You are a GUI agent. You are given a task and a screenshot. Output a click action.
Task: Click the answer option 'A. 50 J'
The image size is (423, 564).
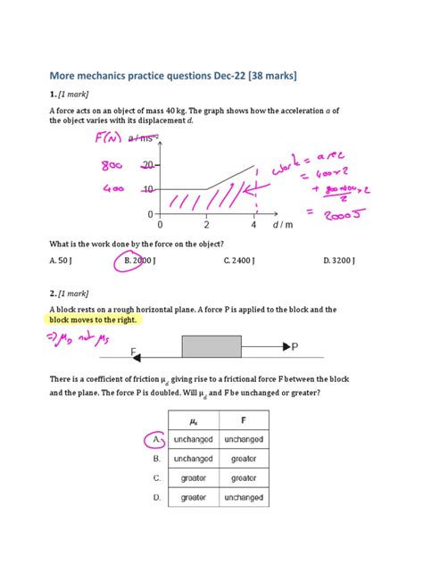(x=63, y=261)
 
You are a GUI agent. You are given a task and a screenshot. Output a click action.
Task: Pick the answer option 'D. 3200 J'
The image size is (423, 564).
(x=339, y=261)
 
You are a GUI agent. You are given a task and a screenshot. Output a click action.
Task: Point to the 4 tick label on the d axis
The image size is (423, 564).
(x=253, y=226)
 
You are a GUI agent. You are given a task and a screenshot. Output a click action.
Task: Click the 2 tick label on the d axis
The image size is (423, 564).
(x=206, y=226)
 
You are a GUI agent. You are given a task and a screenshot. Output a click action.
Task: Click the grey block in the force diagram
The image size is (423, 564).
(x=211, y=346)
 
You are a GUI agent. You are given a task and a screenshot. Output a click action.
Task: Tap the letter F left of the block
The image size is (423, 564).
(x=134, y=352)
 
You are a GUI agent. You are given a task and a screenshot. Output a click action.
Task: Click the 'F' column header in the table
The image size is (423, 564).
(x=243, y=420)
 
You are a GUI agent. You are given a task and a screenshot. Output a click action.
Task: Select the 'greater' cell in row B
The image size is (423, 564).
(x=243, y=459)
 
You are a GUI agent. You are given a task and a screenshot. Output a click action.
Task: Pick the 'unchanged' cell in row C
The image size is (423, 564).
(x=243, y=477)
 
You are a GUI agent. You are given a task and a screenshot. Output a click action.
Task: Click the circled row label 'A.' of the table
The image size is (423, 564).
(x=156, y=439)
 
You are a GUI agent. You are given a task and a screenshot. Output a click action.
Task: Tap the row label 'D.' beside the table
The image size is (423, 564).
(x=157, y=497)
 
